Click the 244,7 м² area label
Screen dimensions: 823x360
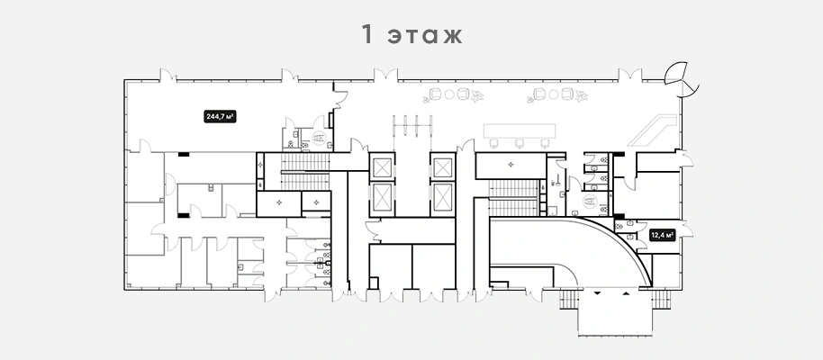220,116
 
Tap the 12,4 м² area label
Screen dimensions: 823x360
662,235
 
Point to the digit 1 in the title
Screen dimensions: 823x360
367,33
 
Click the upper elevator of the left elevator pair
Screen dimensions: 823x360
382,168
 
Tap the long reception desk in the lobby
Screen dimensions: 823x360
519,130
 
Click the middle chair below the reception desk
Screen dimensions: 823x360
519,143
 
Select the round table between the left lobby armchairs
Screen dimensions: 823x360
449,94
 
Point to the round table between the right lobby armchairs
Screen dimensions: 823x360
553,94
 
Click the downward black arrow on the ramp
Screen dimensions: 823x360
596,294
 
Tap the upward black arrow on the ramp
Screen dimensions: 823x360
625,293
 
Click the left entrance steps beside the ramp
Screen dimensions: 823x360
568,299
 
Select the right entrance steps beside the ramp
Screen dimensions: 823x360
661,299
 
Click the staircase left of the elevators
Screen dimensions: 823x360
305,171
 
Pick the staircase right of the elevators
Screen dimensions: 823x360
514,197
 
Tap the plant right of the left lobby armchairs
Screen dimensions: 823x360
477,96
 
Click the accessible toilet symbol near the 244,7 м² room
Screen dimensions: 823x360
318,138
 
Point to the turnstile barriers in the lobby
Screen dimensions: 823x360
412,126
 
